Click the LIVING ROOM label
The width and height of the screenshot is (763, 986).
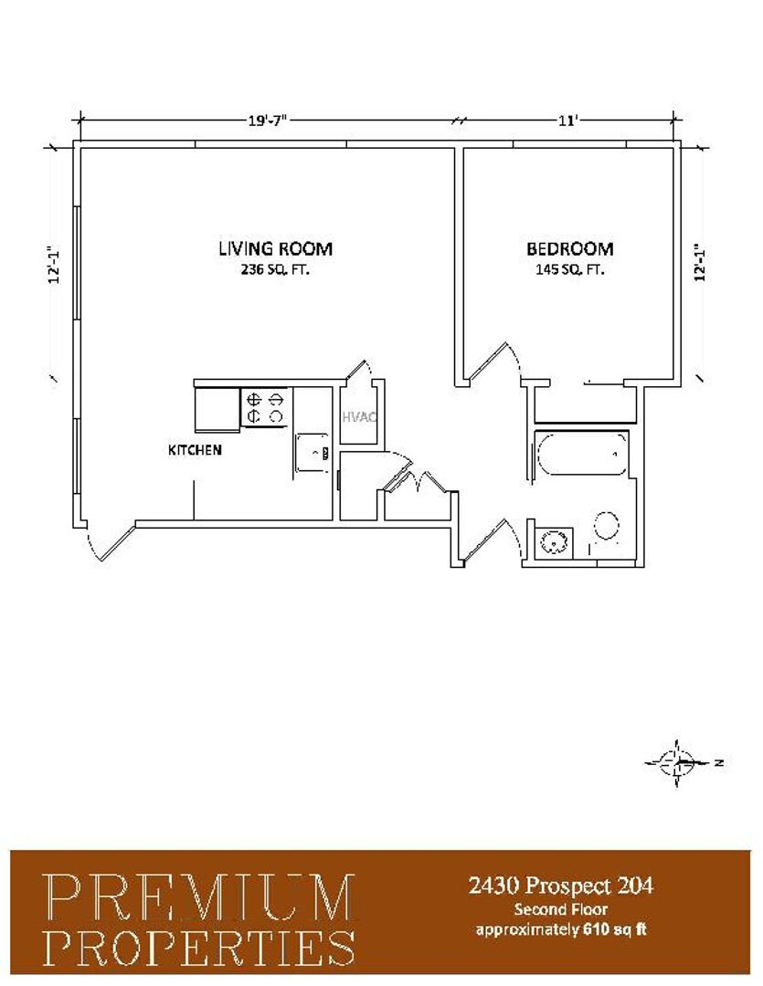(275, 247)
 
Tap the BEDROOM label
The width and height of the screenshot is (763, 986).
(569, 248)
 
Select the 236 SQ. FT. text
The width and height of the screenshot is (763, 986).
(274, 269)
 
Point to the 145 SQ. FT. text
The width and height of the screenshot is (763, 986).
(569, 269)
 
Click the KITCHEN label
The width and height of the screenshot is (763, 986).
(195, 449)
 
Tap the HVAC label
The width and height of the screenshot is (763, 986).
(359, 416)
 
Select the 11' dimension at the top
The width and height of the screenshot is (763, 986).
(567, 120)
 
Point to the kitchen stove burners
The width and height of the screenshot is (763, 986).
(265, 407)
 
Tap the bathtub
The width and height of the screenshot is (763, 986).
(582, 454)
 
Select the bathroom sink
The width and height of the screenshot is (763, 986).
(554, 541)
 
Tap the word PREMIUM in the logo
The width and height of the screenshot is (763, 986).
(199, 897)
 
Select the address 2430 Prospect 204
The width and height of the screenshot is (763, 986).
(561, 886)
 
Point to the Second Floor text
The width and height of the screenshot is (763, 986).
(561, 908)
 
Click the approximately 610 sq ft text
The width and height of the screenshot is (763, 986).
(561, 928)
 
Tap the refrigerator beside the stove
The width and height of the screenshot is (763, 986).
(217, 409)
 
